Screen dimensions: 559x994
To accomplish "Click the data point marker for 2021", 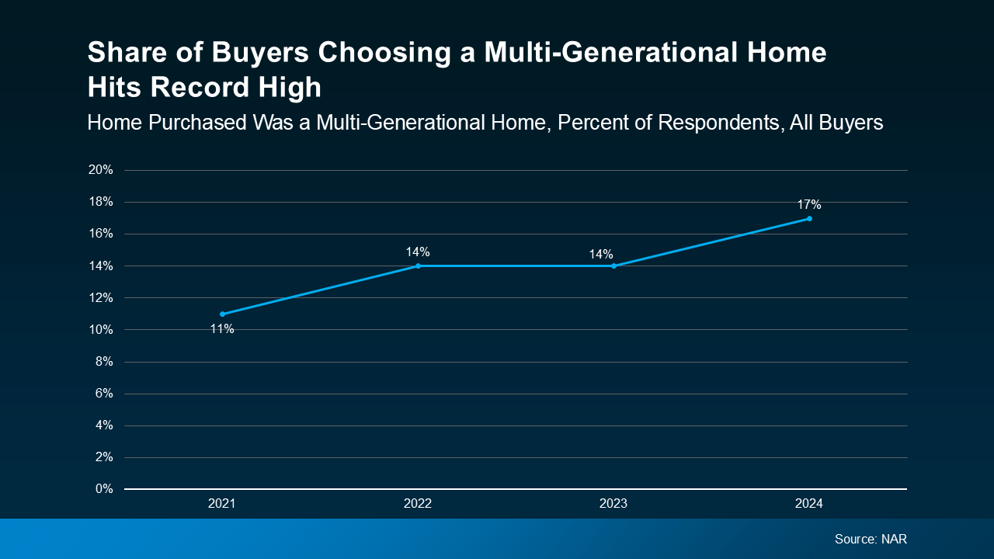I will [222, 314].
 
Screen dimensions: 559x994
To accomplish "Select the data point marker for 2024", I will [809, 218].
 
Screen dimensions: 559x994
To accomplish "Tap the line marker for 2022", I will [418, 266].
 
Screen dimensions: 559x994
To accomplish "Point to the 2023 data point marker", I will [613, 266].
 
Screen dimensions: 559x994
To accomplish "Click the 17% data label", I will [809, 205].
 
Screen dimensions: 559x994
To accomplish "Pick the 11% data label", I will [222, 328].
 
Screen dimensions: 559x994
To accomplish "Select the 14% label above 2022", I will [418, 252].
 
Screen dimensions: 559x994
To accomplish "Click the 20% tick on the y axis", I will [101, 170].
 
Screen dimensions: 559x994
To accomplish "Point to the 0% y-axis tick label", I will [104, 489].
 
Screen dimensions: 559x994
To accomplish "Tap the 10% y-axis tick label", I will [101, 329].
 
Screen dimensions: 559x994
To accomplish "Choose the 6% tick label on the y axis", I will [104, 394].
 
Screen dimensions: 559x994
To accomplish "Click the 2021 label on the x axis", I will [222, 504].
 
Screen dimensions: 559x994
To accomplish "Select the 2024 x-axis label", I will [809, 504].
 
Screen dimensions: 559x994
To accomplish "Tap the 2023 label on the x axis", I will [613, 504].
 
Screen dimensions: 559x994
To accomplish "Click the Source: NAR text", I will [871, 539].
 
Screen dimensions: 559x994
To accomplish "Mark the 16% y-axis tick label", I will [101, 234].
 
